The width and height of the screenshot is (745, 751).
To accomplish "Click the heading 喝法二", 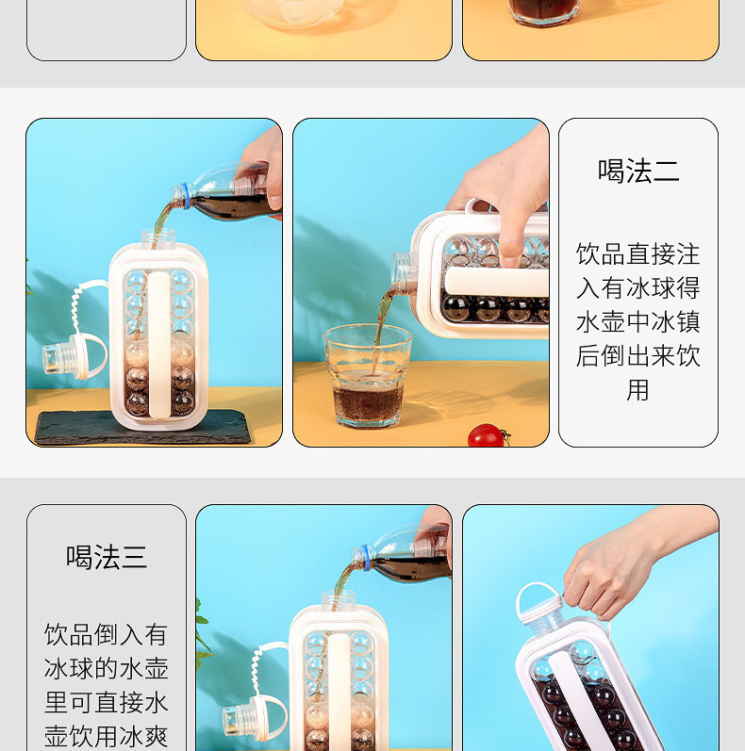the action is tap(638, 171).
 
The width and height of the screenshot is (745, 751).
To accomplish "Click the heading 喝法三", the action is tap(107, 557).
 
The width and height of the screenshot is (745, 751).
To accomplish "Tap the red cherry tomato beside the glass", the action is tap(486, 435).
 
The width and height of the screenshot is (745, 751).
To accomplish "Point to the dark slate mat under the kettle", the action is tap(143, 427).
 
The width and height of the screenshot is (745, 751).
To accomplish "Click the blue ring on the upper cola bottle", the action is tap(185, 195).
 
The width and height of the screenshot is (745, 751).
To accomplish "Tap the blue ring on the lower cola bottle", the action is tap(366, 558).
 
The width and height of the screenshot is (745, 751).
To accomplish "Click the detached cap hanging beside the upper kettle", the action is tap(74, 357).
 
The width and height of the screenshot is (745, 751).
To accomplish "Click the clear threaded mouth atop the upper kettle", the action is tap(157, 237).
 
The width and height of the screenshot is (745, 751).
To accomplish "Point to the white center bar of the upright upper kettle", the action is tap(159, 344).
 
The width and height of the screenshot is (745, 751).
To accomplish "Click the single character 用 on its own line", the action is tap(637, 390).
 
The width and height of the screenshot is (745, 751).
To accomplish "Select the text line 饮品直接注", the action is tap(638, 253).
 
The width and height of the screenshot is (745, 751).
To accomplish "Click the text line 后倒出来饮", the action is tap(638, 356).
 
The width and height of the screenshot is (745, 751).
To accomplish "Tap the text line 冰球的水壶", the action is tap(107, 669).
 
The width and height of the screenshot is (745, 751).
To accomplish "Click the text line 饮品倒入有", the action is tap(107, 634).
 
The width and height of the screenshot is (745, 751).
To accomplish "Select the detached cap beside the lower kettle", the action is tap(254, 717).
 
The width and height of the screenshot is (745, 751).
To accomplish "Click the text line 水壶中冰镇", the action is tap(638, 322).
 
